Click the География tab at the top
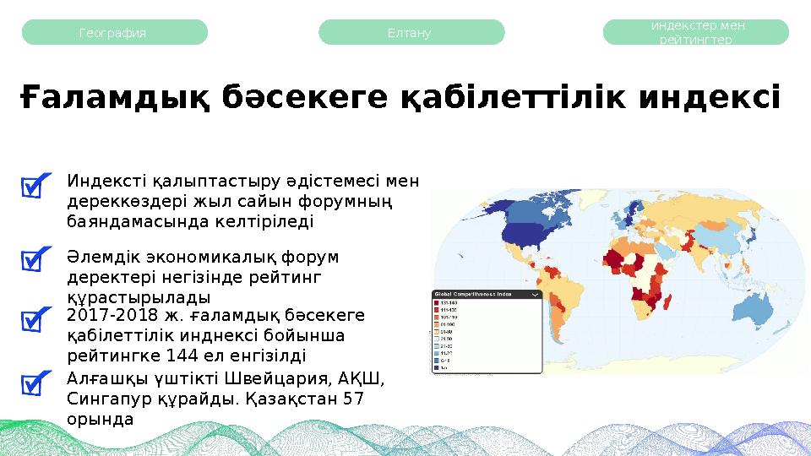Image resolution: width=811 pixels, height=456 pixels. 113,33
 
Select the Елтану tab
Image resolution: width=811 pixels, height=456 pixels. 411,33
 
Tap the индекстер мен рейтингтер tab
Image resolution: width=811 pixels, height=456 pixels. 696,33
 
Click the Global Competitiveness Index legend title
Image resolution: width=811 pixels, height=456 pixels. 474,295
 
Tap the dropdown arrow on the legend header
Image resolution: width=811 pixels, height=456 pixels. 536,295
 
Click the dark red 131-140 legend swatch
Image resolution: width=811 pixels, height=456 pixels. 438,302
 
